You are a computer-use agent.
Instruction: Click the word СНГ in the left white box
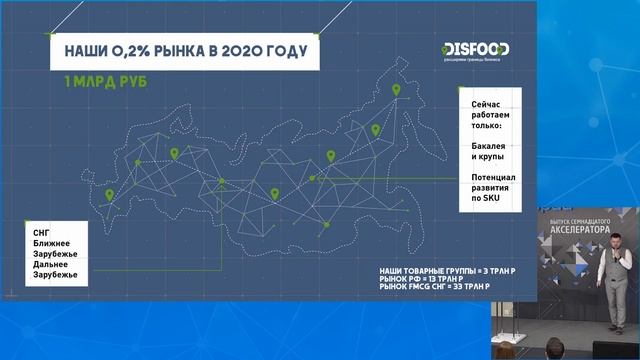(x=42, y=232)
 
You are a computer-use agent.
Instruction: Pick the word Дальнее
(x=52, y=264)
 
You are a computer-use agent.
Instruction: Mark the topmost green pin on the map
(x=396, y=91)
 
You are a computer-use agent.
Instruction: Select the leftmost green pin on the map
(x=109, y=196)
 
